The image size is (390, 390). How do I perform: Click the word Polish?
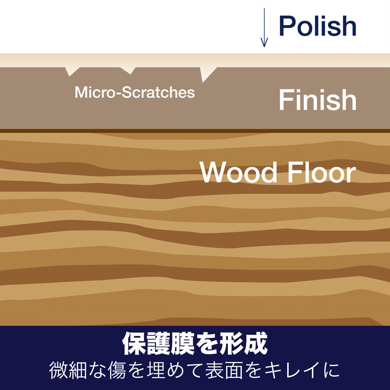point(318,26)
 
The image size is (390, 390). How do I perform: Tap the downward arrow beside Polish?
point(264,27)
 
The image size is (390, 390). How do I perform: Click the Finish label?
point(318,100)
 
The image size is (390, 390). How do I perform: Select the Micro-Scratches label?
point(135,92)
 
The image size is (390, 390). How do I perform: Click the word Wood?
point(238,172)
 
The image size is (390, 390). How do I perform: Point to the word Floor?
point(322,172)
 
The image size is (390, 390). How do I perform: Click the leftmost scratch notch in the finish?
point(72,71)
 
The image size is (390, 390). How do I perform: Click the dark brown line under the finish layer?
point(195,131)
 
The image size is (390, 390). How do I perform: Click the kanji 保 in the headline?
point(133,344)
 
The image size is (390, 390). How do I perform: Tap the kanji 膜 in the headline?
point(182,344)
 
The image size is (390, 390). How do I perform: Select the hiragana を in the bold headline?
point(207,344)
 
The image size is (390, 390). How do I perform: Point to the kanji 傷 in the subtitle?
point(117,370)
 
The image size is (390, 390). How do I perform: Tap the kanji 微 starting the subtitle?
point(58,370)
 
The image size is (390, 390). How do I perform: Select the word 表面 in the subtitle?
point(224,370)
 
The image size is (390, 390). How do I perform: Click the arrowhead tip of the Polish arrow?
point(264,47)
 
